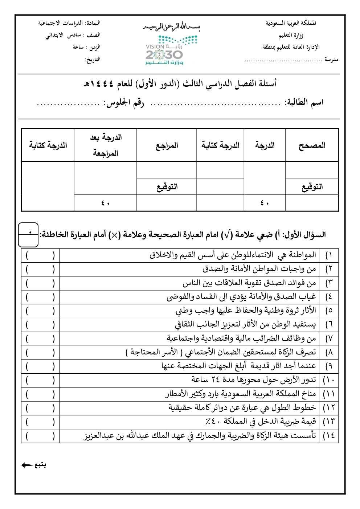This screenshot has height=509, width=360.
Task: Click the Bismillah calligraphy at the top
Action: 172,27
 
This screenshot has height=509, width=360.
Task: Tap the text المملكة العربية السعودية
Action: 291,23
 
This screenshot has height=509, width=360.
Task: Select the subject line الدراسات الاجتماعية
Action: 69,23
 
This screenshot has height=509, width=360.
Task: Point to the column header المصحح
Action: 312,145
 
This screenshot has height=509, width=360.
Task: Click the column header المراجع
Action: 167,145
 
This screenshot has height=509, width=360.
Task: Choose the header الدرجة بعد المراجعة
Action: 105,145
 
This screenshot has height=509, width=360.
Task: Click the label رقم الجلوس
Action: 124,103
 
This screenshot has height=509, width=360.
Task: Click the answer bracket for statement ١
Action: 40,255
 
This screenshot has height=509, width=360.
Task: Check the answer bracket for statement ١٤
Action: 40,436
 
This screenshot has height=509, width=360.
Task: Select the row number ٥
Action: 329,311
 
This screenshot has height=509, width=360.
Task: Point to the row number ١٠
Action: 329,380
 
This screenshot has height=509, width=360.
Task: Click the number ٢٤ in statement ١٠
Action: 215,380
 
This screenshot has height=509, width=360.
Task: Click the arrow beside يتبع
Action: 27,465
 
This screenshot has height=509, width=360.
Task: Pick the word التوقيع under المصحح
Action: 312,187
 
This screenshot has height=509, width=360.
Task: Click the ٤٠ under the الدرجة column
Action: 265,203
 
